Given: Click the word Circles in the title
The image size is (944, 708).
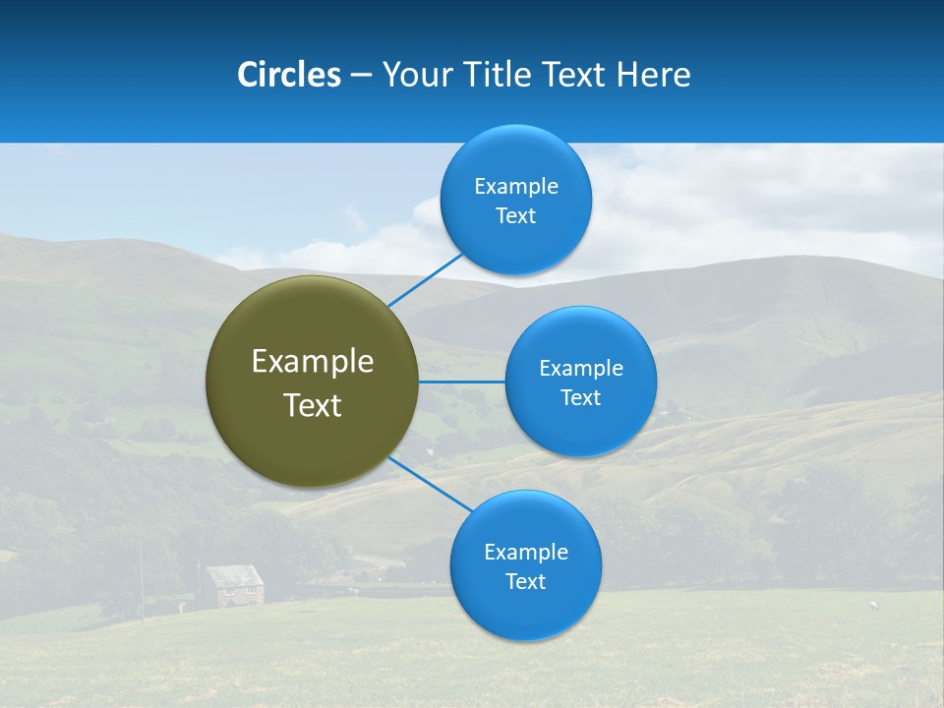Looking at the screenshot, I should coord(288,75).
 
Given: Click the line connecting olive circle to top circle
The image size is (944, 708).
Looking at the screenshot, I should coord(426,278).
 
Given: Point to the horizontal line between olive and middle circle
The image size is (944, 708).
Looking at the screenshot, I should coord(462,382).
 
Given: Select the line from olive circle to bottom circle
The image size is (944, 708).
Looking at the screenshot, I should coord(430,484).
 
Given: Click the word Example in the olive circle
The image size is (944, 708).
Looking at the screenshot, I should coord(312,362).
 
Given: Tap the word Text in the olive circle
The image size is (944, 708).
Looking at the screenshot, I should coord(312,405).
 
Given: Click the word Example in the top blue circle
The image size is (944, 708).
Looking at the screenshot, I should coord(515,187).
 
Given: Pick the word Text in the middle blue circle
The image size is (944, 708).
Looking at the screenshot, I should coord(580,398).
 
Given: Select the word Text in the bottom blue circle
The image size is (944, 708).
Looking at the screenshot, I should coord(525,582).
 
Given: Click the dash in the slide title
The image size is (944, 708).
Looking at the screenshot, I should coord(361,76).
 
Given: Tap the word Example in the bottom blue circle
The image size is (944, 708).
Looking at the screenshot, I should coord(525,553).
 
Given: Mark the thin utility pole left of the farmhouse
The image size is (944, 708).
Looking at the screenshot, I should coord(141,580).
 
